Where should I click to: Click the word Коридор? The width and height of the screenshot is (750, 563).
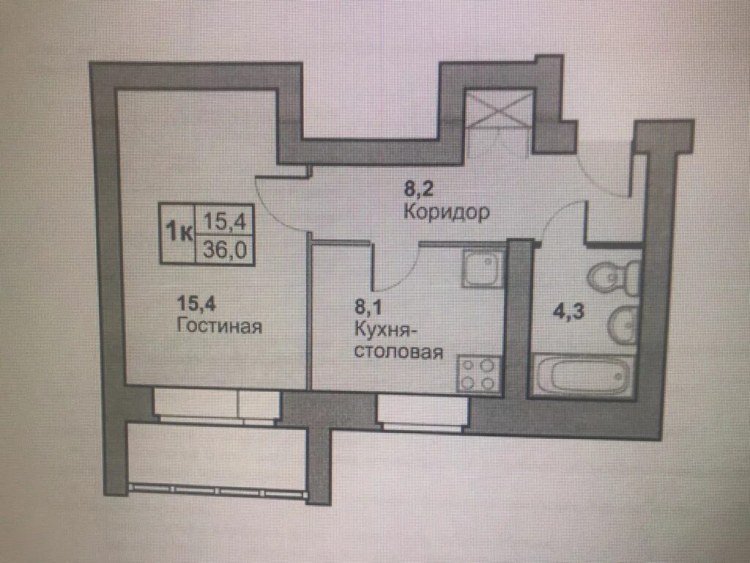[446, 212]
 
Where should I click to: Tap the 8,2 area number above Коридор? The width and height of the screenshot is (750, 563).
[418, 189]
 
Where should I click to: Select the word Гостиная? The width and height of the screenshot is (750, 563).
[220, 326]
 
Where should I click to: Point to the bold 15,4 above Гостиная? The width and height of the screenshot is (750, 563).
[193, 303]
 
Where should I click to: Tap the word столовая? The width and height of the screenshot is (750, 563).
[398, 352]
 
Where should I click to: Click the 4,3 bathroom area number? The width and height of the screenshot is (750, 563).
[568, 312]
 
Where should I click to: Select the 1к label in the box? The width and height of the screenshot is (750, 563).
[179, 234]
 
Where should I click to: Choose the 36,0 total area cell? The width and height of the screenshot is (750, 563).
[224, 249]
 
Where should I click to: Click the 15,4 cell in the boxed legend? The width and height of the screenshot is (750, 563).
[224, 221]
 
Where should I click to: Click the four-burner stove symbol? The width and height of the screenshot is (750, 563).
[479, 375]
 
